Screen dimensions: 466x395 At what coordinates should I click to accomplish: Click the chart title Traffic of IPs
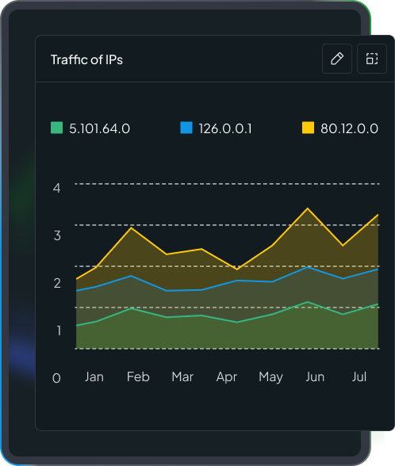tap(86, 59)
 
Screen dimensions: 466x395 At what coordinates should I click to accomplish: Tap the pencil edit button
tap(336, 59)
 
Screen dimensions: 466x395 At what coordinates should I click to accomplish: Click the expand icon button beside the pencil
tap(371, 59)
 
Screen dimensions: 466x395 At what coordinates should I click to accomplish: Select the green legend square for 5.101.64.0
tap(56, 128)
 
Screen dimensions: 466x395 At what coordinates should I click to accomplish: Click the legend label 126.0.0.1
tap(225, 128)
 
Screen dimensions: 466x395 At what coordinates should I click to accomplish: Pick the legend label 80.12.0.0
tap(349, 128)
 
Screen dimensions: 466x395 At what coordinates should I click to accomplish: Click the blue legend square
tap(186, 128)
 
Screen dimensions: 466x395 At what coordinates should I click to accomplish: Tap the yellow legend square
tap(309, 128)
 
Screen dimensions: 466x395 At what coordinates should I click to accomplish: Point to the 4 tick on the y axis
tap(56, 188)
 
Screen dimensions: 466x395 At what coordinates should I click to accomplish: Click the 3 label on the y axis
tap(56, 235)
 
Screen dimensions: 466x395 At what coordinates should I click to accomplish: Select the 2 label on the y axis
tap(56, 283)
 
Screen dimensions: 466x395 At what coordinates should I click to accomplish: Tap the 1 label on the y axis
tap(56, 330)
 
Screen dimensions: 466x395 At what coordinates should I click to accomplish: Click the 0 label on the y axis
tap(56, 378)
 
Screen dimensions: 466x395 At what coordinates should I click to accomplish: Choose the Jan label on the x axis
tap(94, 376)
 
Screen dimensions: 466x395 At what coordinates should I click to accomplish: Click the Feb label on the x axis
tap(138, 376)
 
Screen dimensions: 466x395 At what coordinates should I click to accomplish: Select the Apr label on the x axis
tap(227, 376)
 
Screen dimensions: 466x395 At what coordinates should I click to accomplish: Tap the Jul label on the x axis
tap(359, 376)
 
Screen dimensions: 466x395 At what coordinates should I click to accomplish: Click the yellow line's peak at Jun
tap(308, 208)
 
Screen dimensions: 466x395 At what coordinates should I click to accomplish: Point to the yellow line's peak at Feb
tap(132, 228)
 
